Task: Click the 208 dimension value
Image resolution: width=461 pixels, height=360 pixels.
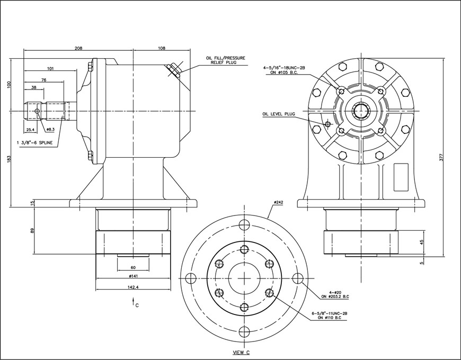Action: [x=78, y=48]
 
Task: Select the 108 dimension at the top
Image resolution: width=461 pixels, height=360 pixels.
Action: [x=162, y=48]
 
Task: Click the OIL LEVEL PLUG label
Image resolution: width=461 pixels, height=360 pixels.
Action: [x=278, y=113]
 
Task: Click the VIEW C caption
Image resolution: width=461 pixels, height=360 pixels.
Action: [x=242, y=352]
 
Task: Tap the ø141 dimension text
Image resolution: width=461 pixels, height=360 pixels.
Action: [x=133, y=276]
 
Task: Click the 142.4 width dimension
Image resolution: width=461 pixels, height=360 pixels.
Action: [x=133, y=287]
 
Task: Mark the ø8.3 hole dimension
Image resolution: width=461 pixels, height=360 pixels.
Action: [x=51, y=129]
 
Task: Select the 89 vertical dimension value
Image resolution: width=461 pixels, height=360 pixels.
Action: [x=33, y=231]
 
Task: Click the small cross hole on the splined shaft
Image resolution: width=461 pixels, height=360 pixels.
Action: [x=37, y=111]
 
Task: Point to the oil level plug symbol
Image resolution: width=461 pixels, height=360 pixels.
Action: [x=327, y=124]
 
